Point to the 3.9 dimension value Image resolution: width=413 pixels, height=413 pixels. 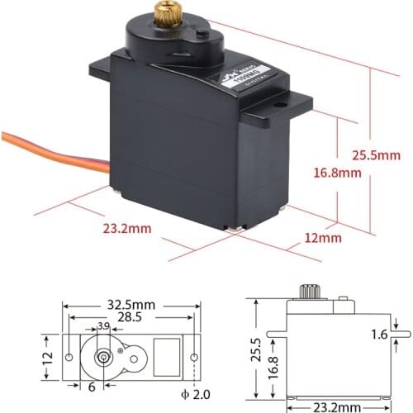[103, 327]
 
